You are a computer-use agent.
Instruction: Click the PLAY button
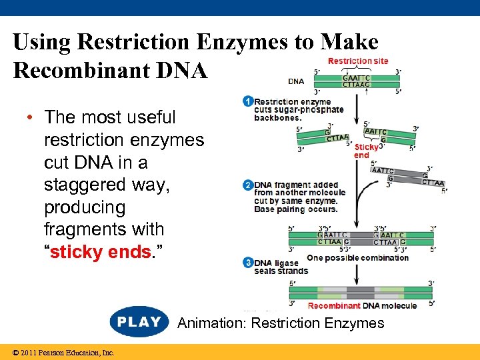(x=139, y=322)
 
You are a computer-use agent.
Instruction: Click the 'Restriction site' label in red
(x=357, y=61)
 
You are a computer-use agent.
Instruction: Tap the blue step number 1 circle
(x=248, y=102)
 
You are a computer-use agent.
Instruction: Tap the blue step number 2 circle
(x=248, y=185)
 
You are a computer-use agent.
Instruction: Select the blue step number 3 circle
(x=248, y=263)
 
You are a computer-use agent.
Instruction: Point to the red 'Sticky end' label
(x=366, y=151)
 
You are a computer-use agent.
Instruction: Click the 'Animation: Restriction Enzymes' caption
(x=281, y=323)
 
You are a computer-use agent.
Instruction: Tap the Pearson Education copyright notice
(x=59, y=353)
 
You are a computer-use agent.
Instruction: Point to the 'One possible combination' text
(x=357, y=258)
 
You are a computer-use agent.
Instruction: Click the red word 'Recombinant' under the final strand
(x=334, y=306)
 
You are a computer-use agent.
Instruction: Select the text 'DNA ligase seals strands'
(x=281, y=267)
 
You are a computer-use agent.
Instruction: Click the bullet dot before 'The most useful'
(x=30, y=117)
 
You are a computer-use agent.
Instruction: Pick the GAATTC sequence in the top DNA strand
(x=357, y=78)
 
